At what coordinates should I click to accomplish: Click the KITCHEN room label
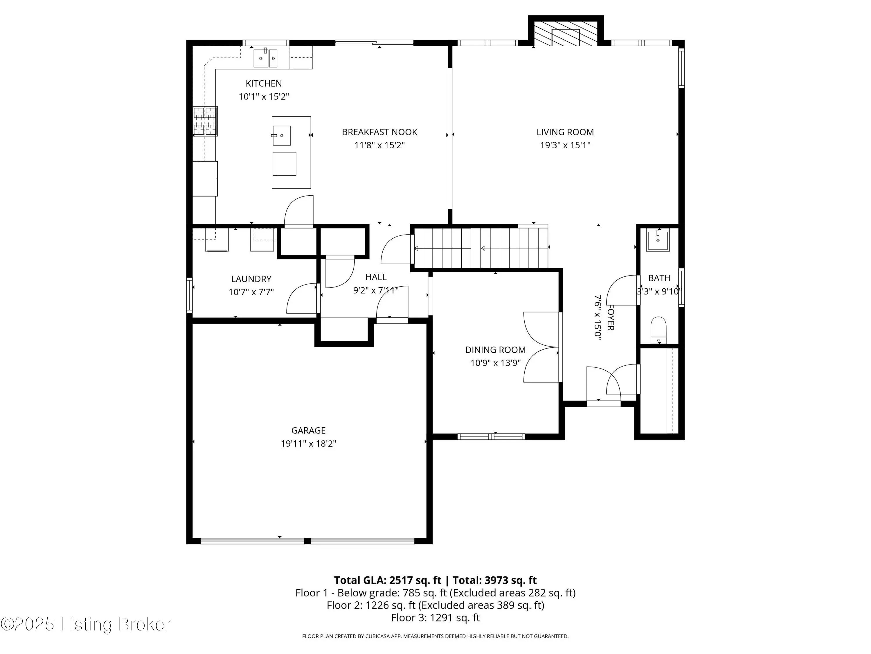pyautogui.click(x=264, y=84)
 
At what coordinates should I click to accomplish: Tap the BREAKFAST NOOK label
pyautogui.click(x=379, y=132)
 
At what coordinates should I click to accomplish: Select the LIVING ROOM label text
pyautogui.click(x=565, y=132)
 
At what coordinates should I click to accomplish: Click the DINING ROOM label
pyautogui.click(x=495, y=350)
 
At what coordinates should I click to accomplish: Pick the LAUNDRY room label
pyautogui.click(x=251, y=279)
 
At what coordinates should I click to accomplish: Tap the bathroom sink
pyautogui.click(x=658, y=240)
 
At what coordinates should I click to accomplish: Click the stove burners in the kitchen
pyautogui.click(x=205, y=121)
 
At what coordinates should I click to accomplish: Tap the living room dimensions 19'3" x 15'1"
pyautogui.click(x=565, y=145)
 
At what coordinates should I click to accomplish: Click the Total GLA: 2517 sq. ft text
pyautogui.click(x=388, y=580)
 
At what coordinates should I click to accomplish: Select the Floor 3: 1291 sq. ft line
pyautogui.click(x=435, y=618)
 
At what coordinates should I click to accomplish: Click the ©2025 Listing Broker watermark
pyautogui.click(x=86, y=624)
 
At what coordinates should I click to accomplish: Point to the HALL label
pyautogui.click(x=376, y=277)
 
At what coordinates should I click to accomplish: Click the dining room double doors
pyautogui.click(x=542, y=347)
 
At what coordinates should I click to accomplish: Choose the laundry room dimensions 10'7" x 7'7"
pyautogui.click(x=251, y=292)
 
